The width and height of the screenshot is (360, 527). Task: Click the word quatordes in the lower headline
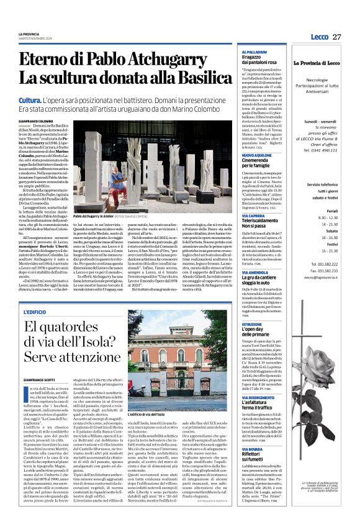click(x=81, y=328)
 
